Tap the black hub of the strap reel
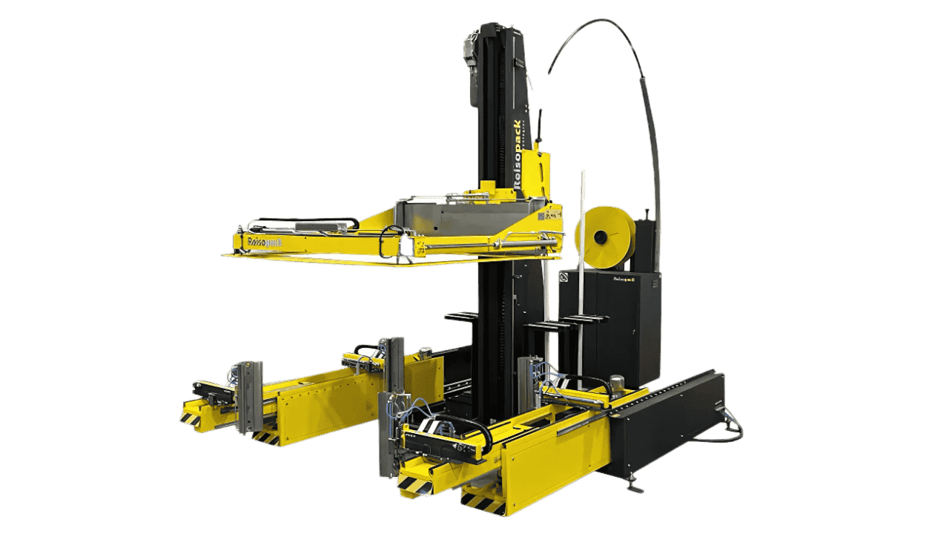[x=601, y=237]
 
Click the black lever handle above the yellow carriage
[x=540, y=123]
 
